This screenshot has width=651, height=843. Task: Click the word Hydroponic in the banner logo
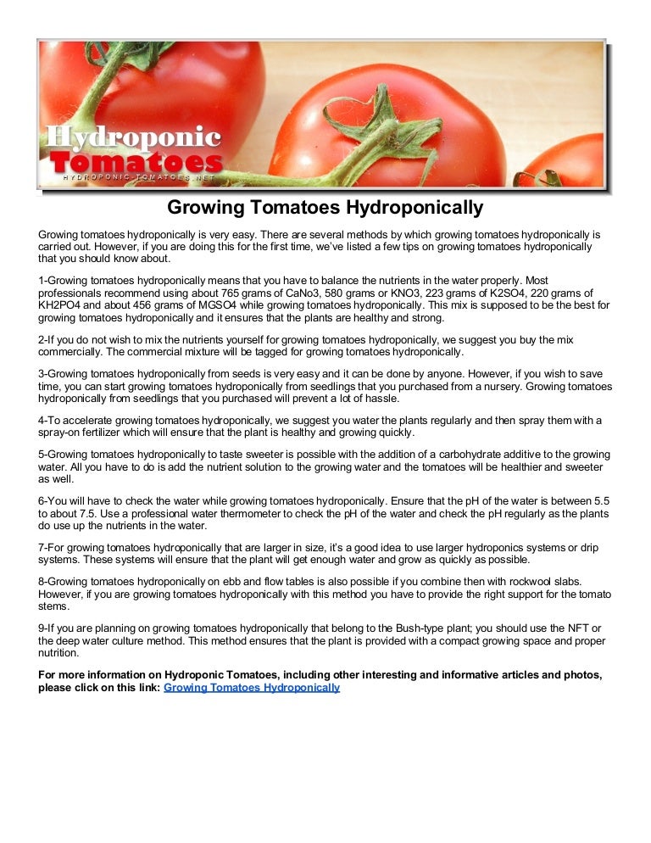click(x=132, y=137)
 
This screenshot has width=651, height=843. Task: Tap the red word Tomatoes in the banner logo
click(x=136, y=163)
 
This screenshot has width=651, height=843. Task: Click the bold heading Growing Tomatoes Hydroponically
click(x=325, y=208)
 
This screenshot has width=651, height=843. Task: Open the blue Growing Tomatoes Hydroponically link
click(x=252, y=688)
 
